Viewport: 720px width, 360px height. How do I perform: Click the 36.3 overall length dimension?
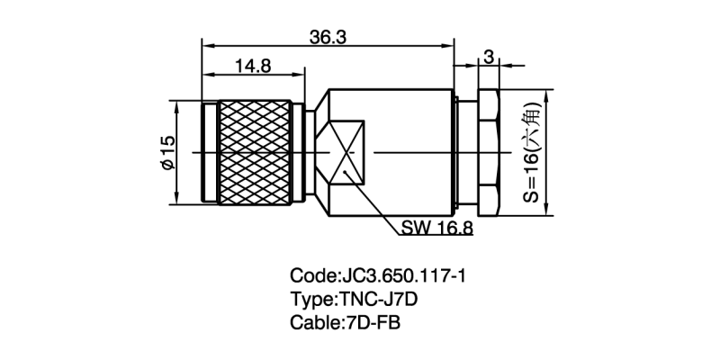click(x=328, y=36)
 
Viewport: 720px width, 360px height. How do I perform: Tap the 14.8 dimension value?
click(x=255, y=66)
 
